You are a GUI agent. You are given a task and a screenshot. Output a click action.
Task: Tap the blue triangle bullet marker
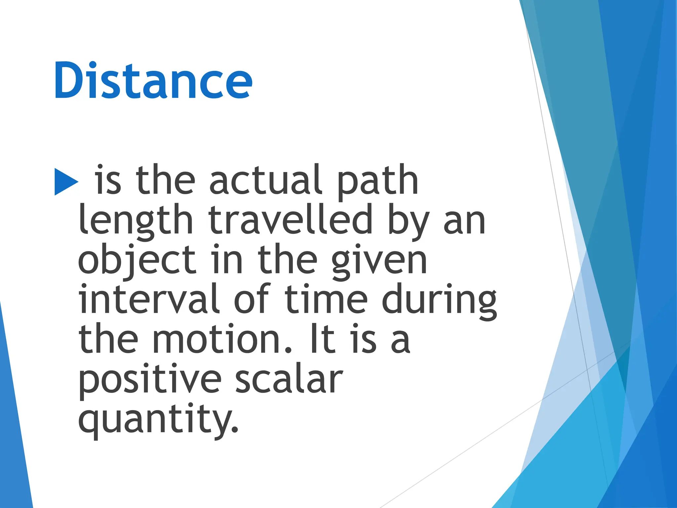tap(66, 182)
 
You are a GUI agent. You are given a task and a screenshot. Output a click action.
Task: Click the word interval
tap(149, 299)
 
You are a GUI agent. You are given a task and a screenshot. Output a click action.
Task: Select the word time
tap(326, 299)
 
